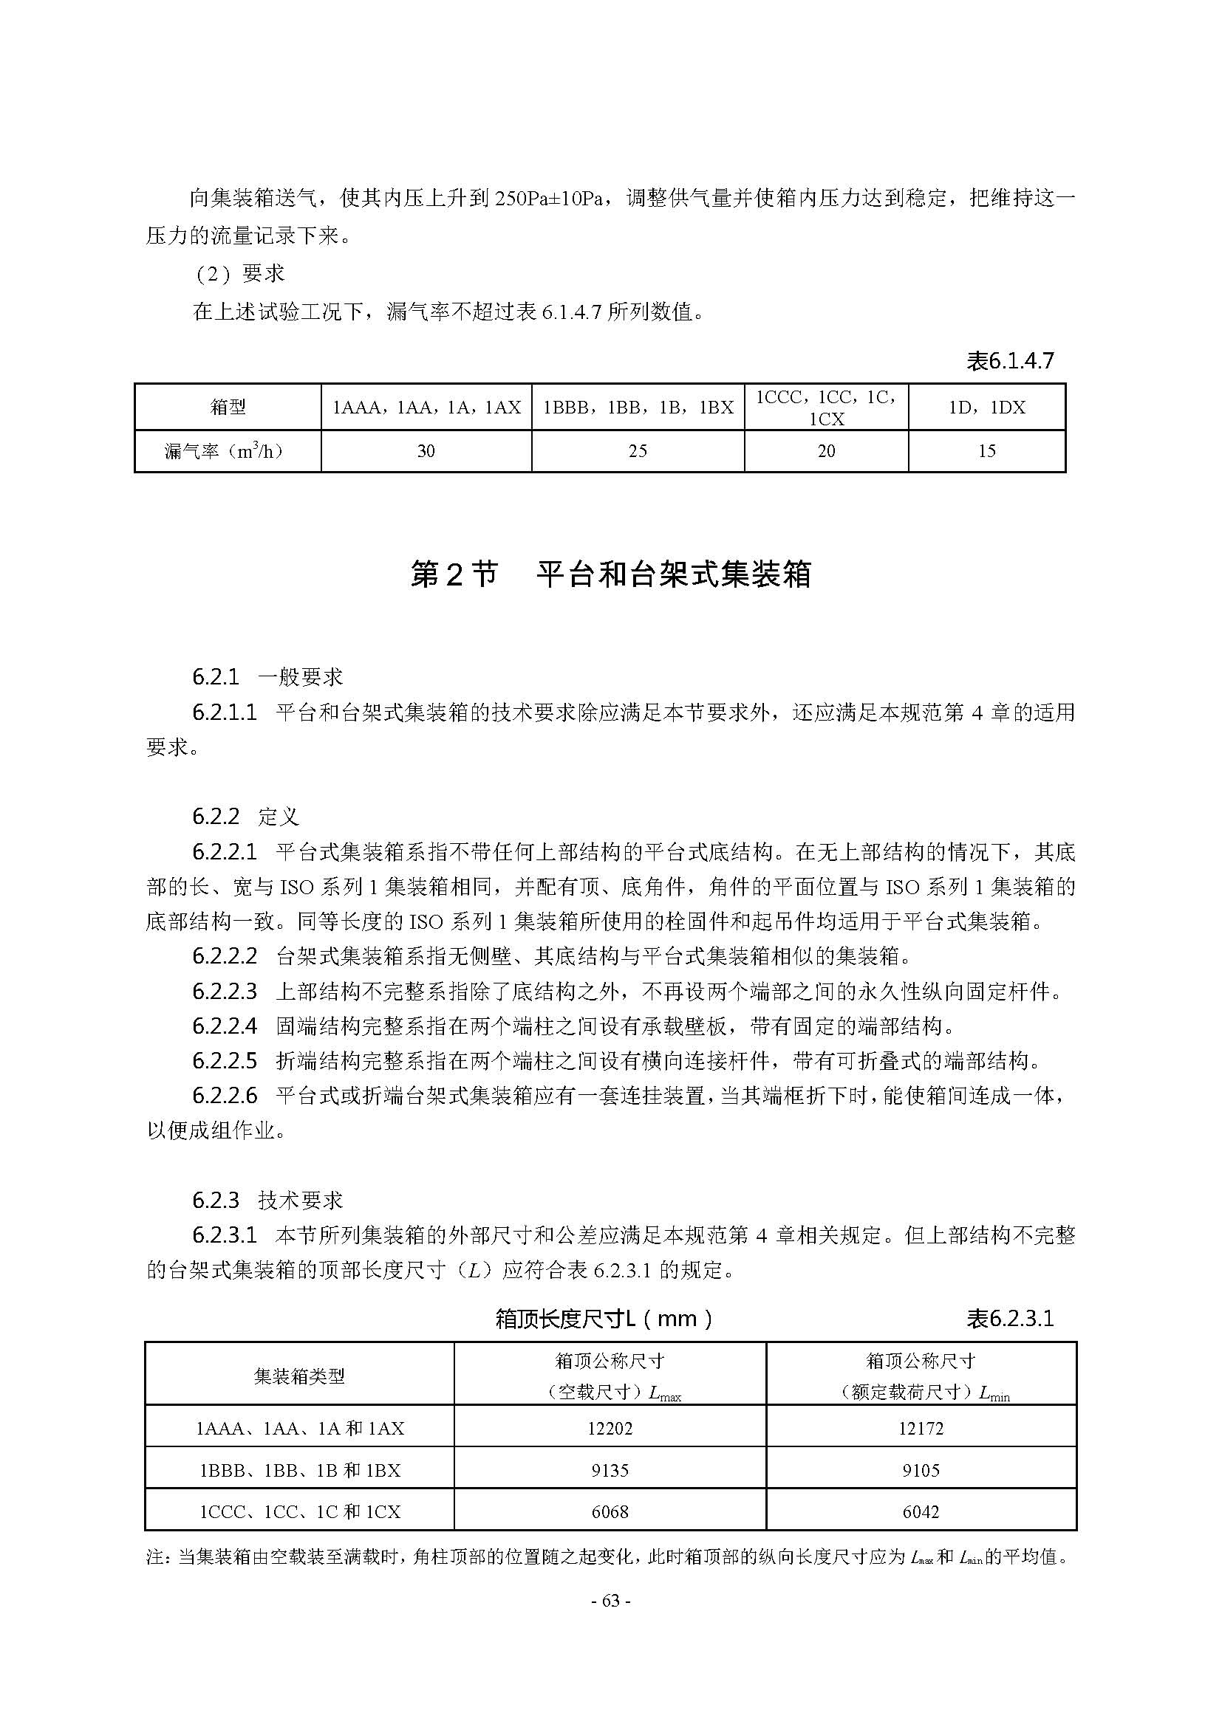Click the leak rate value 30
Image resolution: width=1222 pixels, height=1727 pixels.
click(426, 451)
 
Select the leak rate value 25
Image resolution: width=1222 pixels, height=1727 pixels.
click(638, 451)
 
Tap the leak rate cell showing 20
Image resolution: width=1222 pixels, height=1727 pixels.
click(826, 451)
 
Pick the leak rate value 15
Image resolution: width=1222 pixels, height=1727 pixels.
click(986, 451)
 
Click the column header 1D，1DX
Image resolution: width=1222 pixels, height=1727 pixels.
click(986, 408)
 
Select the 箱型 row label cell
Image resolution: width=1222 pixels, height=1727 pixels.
click(228, 408)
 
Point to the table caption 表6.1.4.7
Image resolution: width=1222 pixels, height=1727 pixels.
click(1010, 362)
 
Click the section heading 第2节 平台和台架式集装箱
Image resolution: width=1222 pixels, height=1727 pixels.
click(610, 574)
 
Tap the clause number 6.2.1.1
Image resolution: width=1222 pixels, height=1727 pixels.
click(225, 713)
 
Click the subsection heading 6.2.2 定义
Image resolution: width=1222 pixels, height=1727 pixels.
click(245, 817)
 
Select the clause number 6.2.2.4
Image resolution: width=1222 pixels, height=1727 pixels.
click(225, 1026)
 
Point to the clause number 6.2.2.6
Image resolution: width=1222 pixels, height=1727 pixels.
click(225, 1096)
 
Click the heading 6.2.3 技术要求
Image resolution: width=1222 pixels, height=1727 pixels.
click(267, 1201)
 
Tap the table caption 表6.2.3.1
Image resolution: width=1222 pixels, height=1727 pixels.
click(1010, 1319)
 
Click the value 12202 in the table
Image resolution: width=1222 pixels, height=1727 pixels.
click(610, 1429)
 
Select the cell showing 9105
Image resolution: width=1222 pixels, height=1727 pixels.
click(921, 1471)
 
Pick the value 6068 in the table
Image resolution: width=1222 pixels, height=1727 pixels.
click(610, 1512)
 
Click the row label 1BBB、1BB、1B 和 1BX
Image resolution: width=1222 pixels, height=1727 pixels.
click(299, 1471)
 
